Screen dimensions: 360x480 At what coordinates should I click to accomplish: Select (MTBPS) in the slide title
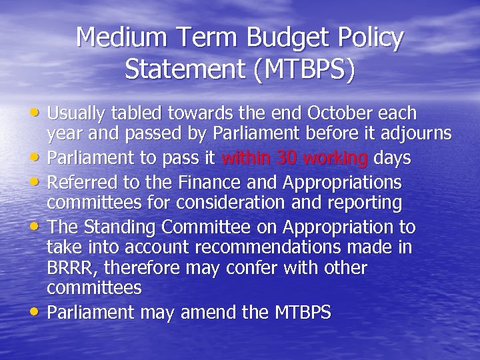(x=303, y=69)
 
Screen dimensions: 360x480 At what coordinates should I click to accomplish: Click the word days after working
(x=391, y=159)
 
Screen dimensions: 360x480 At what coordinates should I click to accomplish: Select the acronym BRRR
(x=70, y=268)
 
